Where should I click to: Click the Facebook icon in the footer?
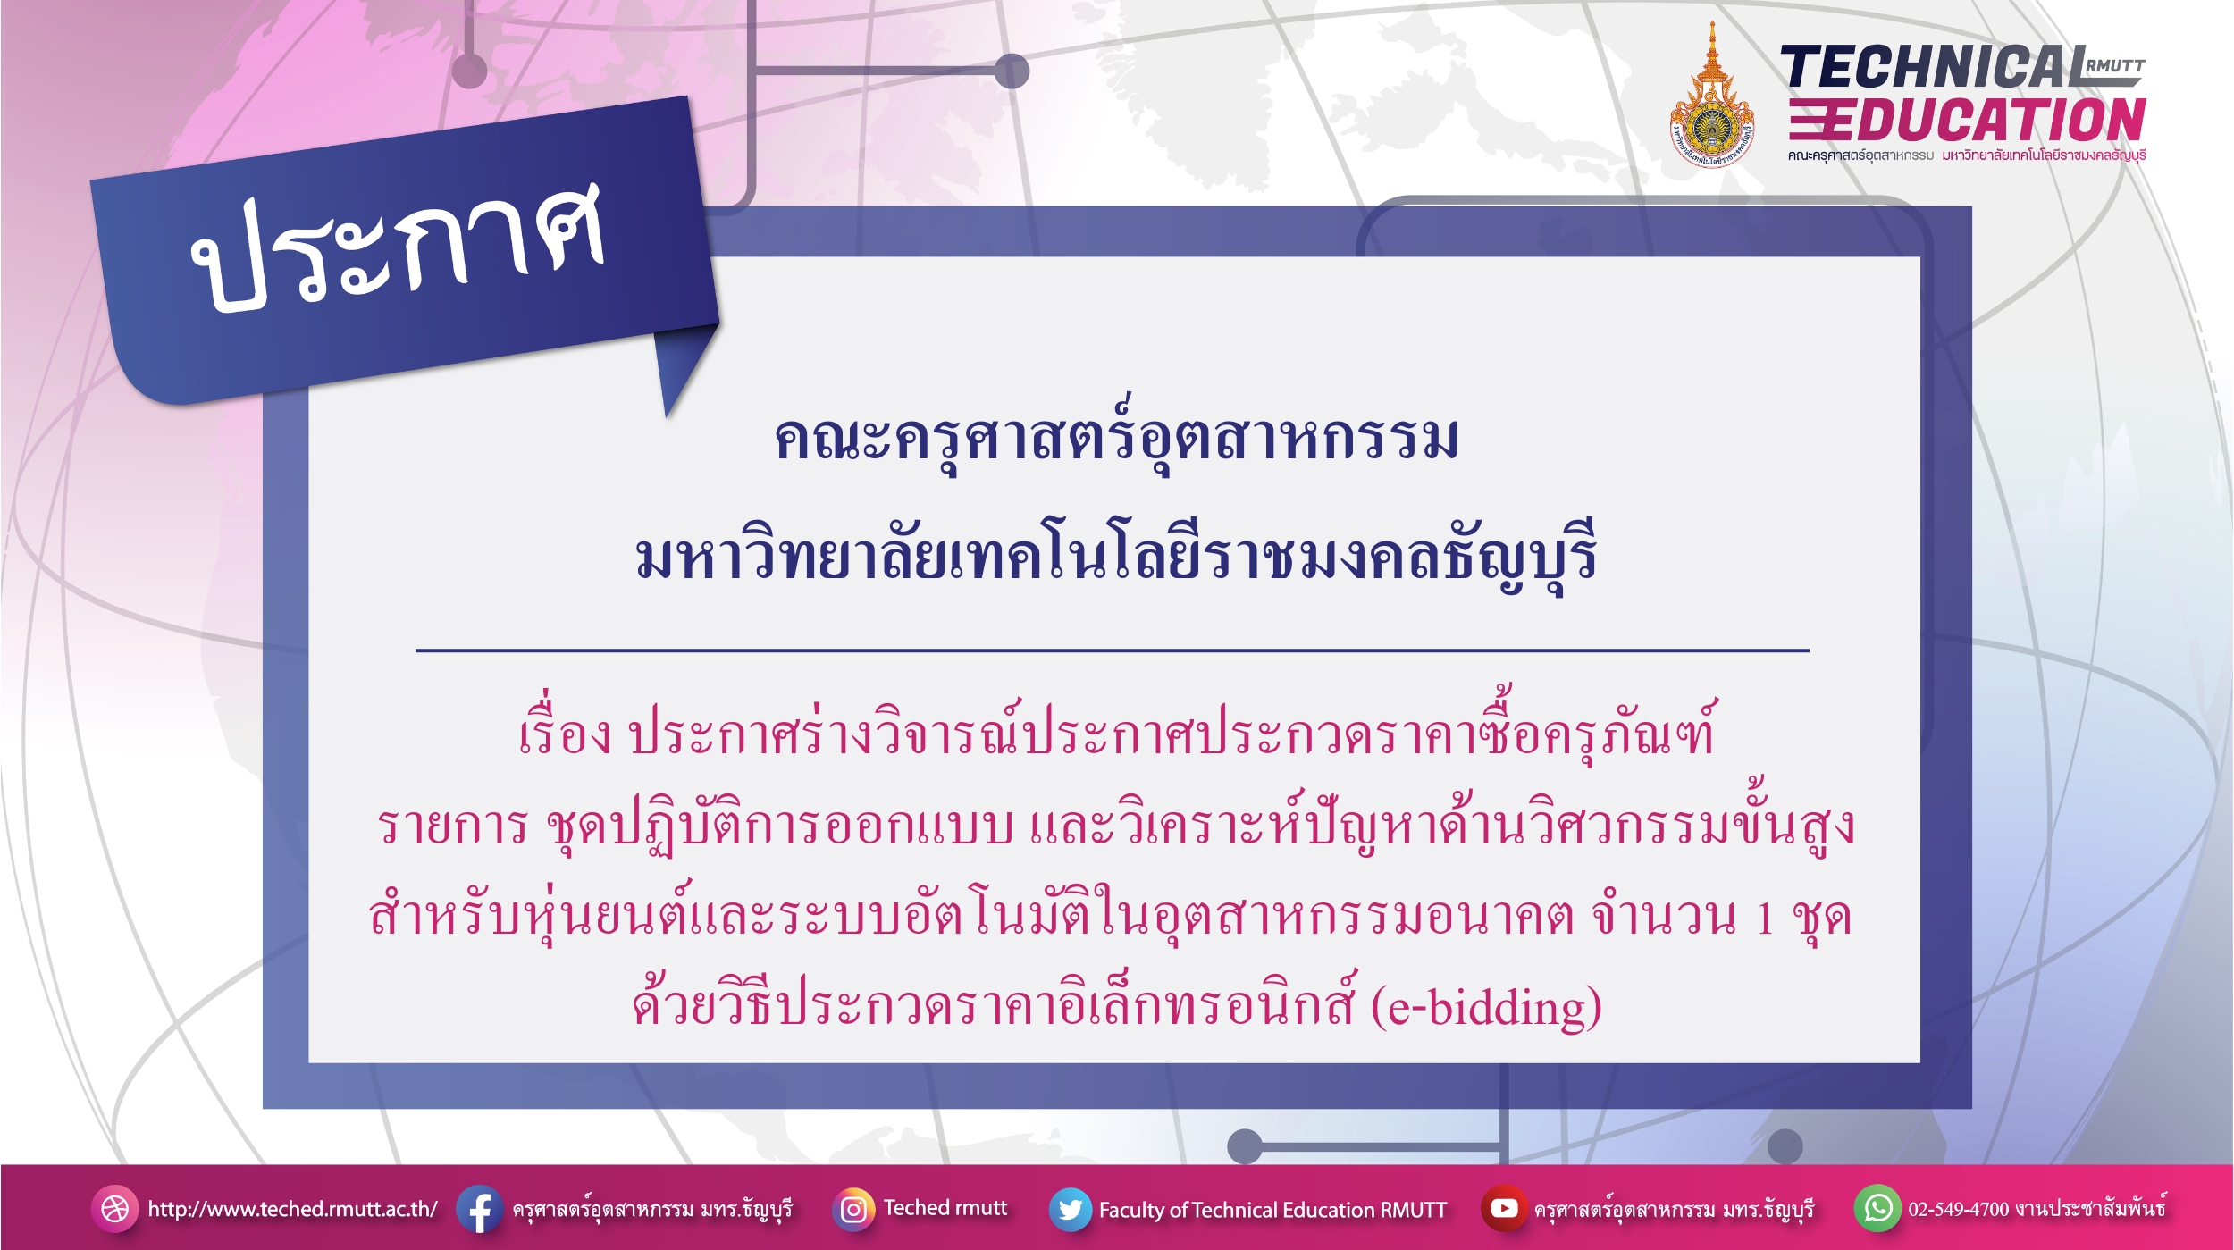point(479,1209)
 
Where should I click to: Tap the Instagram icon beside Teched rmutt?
point(853,1209)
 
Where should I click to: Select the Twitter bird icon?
point(1070,1209)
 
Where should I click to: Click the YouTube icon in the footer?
point(1504,1208)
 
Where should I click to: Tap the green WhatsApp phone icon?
point(1877,1208)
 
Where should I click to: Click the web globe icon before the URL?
point(114,1209)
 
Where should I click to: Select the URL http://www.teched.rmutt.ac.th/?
point(292,1209)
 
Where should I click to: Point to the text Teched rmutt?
point(945,1208)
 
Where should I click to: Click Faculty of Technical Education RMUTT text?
point(1272,1210)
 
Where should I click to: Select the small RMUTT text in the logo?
point(2115,65)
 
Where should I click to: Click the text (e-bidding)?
point(1486,1007)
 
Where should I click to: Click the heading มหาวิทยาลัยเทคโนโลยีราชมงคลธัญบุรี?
point(1116,554)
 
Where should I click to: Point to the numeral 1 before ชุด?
point(1765,918)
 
